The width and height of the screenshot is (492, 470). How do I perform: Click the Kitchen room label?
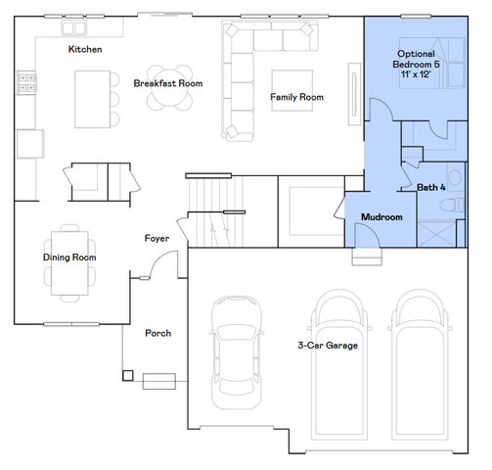85,49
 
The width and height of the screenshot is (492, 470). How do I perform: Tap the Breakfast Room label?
167,84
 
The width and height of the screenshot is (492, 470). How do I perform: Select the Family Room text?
296,97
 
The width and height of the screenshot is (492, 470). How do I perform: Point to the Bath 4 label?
430,186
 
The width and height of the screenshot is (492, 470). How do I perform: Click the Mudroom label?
381,216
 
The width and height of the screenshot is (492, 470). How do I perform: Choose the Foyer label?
157,238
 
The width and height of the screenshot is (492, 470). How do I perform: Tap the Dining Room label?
69,258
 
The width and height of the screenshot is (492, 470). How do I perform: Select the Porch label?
157,333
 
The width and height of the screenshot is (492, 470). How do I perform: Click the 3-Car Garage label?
328,345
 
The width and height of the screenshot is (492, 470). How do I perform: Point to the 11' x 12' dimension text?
417,74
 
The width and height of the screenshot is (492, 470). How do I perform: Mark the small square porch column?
127,374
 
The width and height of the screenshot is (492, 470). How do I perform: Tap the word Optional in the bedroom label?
418,52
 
